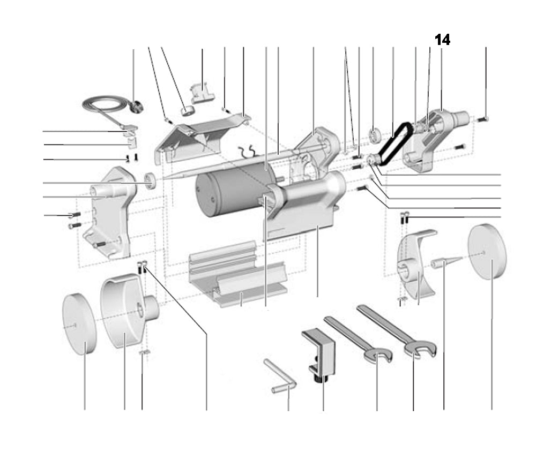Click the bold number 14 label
click(442, 40)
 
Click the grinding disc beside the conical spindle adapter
click(487, 252)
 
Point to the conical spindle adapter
click(445, 263)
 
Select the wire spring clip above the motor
click(249, 152)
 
